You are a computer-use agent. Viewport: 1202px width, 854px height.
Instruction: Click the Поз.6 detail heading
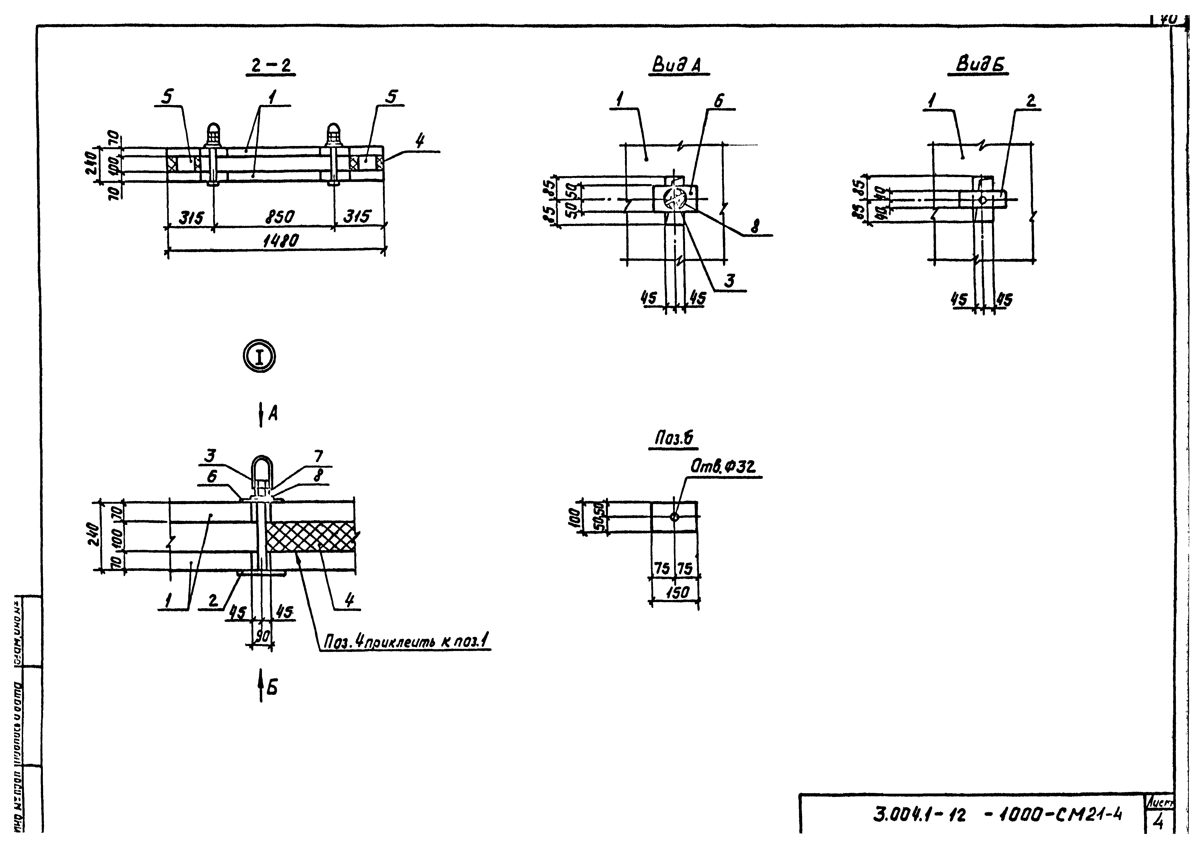(x=674, y=438)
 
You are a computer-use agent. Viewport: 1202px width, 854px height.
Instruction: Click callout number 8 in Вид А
(x=756, y=227)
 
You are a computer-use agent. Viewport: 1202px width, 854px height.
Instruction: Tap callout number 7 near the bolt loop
(x=318, y=456)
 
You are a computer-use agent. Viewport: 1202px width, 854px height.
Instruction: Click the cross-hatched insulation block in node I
(x=310, y=536)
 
